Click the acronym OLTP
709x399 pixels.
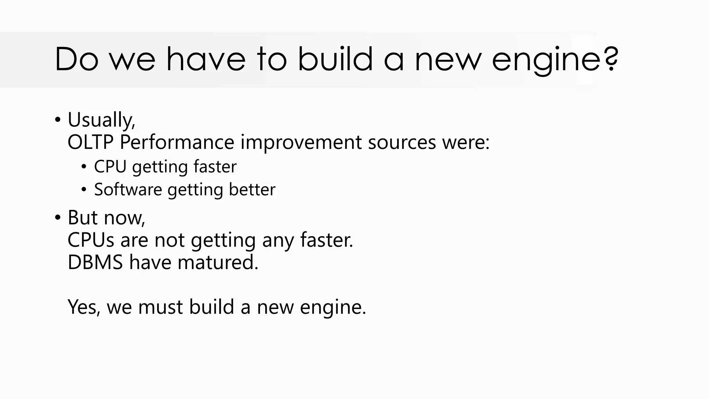coord(91,142)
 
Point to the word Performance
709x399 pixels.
coord(177,142)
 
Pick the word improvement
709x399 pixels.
coord(301,142)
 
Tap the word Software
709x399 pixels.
coord(128,189)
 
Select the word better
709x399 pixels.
coord(252,189)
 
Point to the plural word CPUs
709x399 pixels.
coord(91,240)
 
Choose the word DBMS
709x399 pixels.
coord(95,262)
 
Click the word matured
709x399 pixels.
coord(218,262)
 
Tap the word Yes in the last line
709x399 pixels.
coord(84,307)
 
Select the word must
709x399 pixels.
coord(160,307)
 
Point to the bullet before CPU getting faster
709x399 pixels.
coord(84,167)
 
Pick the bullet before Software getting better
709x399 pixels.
coord(84,190)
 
